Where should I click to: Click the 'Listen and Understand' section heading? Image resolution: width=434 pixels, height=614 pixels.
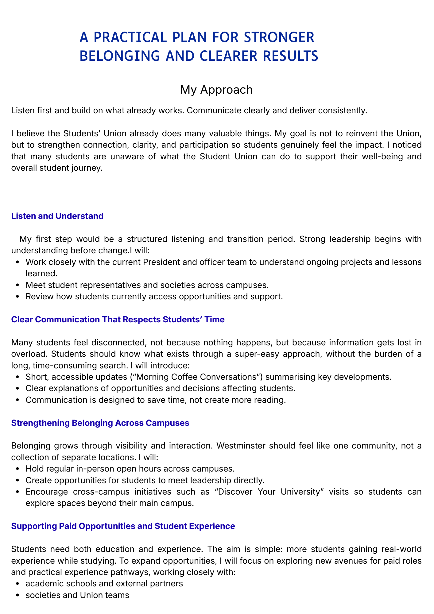pyautogui.click(x=57, y=216)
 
